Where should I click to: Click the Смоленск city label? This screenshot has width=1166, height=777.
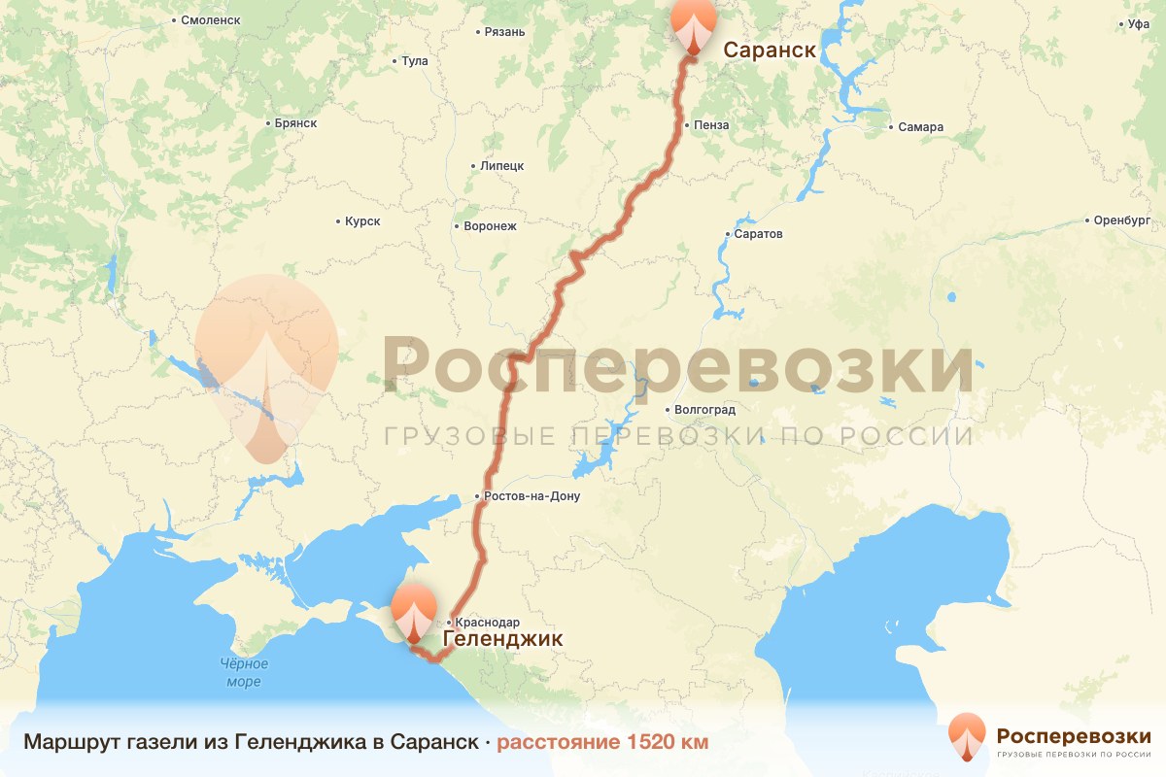pos(208,19)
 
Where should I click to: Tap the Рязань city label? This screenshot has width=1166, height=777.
pos(503,32)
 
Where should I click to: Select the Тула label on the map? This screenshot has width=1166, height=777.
pos(414,61)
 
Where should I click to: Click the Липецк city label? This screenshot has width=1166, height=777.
pos(501,166)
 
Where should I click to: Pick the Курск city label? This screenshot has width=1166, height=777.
pos(361,221)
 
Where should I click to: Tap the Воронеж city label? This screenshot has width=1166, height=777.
pos(489,226)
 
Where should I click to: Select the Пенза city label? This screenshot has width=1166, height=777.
pos(709,125)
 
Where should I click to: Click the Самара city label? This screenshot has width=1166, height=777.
pos(920,127)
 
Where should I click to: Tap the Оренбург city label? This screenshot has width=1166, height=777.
pos(1121,220)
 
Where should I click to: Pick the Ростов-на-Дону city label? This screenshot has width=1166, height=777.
pos(531,496)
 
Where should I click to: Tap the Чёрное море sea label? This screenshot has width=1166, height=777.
pos(243,673)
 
